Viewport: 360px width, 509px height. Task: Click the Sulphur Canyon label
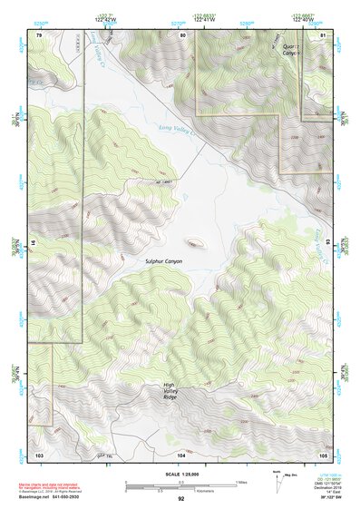point(164,261)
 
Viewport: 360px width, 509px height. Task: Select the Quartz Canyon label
point(289,49)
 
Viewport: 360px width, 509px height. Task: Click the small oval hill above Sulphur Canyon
point(194,243)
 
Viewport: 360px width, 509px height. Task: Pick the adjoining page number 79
point(39,34)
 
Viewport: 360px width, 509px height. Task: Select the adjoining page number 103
point(39,454)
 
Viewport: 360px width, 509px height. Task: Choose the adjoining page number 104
point(181,454)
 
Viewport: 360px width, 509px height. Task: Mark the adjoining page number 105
point(322,454)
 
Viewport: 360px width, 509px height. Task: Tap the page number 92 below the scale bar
point(181,498)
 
